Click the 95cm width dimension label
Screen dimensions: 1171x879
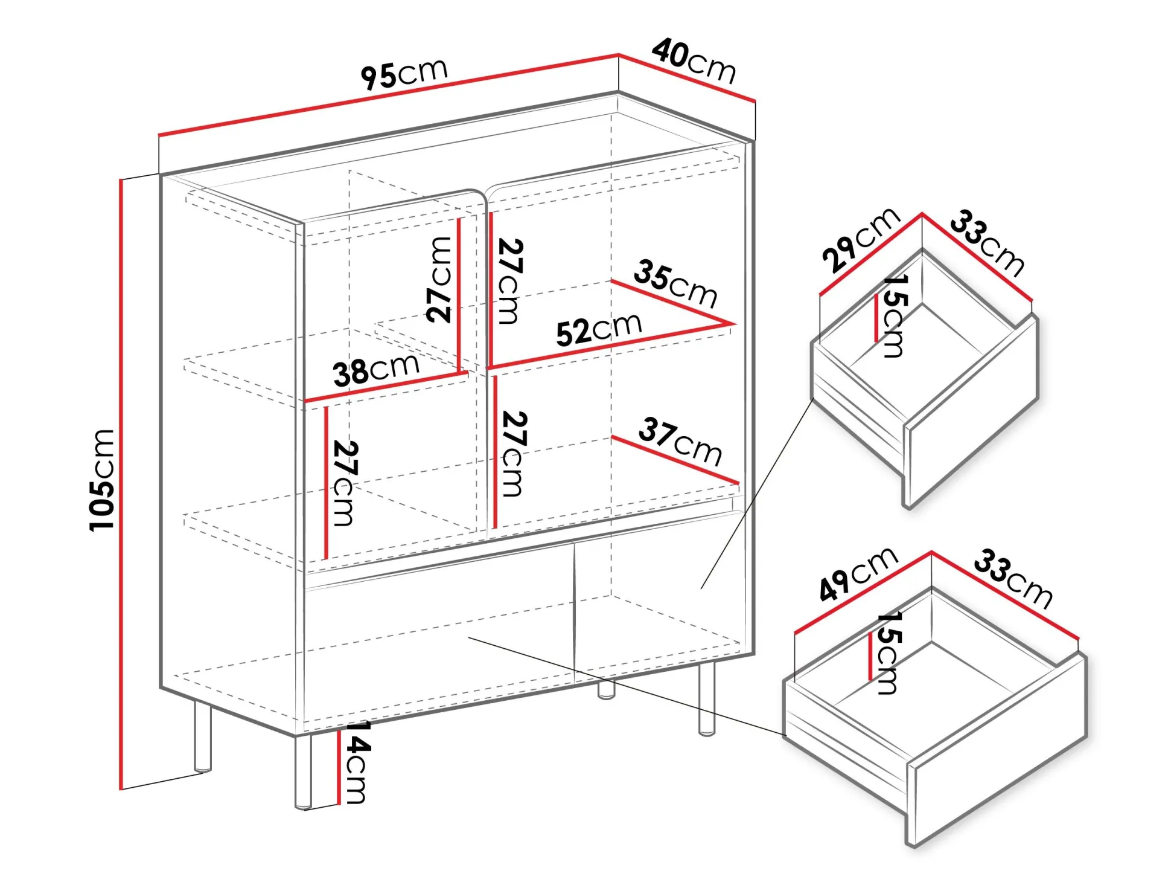click(404, 74)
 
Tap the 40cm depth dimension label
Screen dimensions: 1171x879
click(694, 61)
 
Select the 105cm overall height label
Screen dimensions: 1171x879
click(101, 480)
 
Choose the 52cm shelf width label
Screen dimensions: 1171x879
click(599, 330)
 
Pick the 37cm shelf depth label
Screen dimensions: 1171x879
click(680, 442)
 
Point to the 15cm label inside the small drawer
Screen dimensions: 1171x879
click(895, 317)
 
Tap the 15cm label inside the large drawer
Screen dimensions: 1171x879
click(889, 653)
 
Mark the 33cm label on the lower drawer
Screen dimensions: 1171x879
click(1013, 578)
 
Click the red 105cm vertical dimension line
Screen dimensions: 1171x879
click(121, 484)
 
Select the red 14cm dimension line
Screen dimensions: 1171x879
click(339, 767)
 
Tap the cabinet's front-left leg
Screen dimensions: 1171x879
click(303, 771)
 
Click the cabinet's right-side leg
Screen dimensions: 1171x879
click(706, 698)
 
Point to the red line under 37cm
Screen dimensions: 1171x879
click(675, 460)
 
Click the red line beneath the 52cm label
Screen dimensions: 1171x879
click(610, 346)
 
